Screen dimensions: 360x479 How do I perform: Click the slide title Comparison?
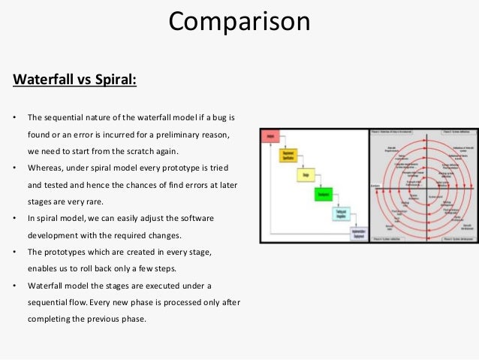[239, 21]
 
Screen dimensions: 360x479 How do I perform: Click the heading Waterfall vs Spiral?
[75, 78]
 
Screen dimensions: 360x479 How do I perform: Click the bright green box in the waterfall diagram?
[324, 195]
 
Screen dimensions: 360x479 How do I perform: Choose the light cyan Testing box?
[342, 214]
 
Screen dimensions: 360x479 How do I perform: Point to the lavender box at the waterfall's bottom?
[360, 234]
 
